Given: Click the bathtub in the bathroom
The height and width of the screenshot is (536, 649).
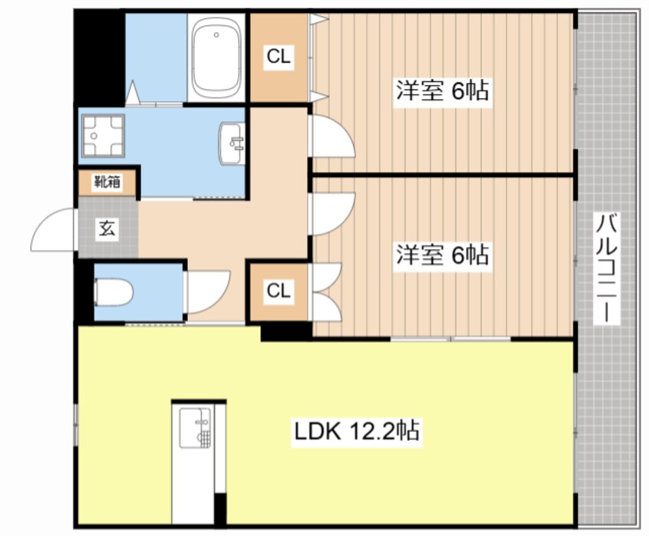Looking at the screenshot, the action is coord(217,58).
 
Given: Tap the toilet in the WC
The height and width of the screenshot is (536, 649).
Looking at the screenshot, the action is coord(114,292).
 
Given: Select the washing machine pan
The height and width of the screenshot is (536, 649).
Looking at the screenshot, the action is coord(103,136).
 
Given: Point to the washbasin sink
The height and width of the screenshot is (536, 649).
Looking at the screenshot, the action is coord(232,143).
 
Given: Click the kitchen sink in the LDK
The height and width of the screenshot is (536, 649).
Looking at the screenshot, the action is coord(195,428).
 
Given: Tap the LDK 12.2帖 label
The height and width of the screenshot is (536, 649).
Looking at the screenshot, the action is coord(357,432).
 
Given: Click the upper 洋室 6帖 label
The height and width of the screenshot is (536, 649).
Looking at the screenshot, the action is coord(443,90).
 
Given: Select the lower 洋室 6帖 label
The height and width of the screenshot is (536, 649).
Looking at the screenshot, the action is coord(443,255).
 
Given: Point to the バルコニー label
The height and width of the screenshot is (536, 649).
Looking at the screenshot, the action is coord(606,268).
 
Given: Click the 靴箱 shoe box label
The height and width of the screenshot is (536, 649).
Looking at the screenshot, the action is coord(107,182).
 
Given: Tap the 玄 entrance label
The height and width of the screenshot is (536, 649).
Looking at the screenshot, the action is coord(107,229).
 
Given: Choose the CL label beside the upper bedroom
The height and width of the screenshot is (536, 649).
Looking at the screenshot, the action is coord(278,56).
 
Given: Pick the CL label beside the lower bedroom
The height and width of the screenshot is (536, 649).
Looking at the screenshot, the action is coord(278,291).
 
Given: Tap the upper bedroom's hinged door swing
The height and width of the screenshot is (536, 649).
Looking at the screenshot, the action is coord(343,128).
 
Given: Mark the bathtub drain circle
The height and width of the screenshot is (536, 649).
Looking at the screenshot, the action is coord(216,35).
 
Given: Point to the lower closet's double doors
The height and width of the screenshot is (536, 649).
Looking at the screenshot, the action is coord(327,292).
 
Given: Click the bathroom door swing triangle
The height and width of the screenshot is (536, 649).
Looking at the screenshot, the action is coord(133,92).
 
